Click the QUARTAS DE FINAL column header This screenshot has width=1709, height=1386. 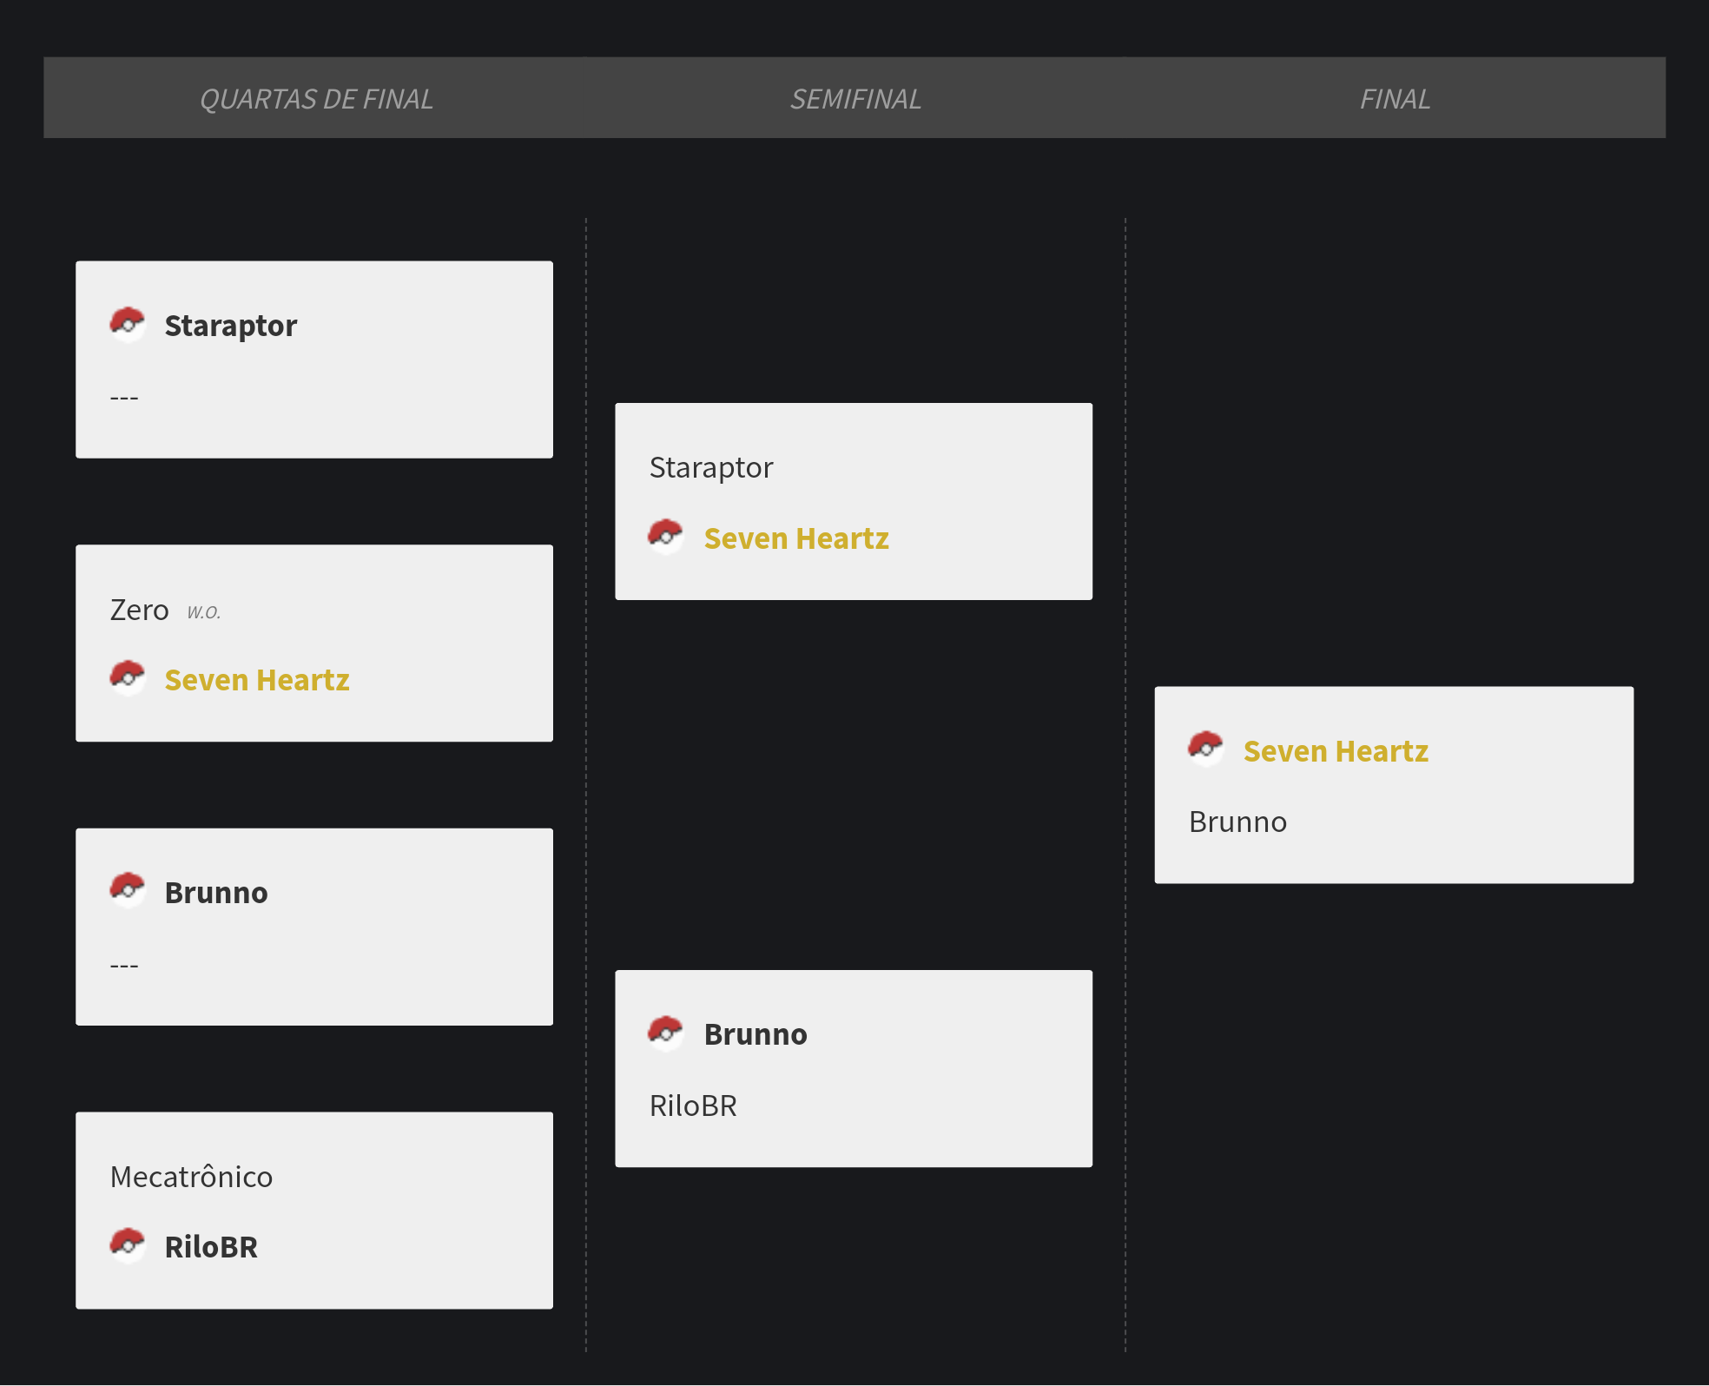(x=316, y=100)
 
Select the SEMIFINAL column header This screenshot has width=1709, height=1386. (x=855, y=100)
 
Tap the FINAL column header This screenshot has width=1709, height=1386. (x=1395, y=100)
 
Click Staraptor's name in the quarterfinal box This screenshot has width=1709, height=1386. (x=230, y=326)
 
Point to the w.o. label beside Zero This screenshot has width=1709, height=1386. (x=204, y=611)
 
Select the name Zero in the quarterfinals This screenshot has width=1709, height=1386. (x=139, y=610)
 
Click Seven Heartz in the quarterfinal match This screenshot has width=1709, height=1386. (x=257, y=680)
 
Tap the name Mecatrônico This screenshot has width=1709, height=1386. (x=191, y=1176)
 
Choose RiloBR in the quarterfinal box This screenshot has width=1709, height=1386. (x=211, y=1247)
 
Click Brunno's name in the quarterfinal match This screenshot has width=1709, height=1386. (x=216, y=893)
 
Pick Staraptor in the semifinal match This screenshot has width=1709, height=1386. (x=711, y=468)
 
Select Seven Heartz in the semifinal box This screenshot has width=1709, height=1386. (x=796, y=538)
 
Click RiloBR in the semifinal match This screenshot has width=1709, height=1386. (x=693, y=1105)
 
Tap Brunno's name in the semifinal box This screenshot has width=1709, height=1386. (x=756, y=1034)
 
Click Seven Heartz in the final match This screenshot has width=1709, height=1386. (x=1336, y=751)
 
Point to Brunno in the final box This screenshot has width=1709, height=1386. (x=1237, y=822)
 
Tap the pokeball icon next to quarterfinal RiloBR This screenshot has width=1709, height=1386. (x=128, y=1244)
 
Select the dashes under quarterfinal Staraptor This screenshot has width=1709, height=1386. (x=124, y=399)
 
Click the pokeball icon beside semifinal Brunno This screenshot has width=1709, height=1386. (x=666, y=1032)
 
